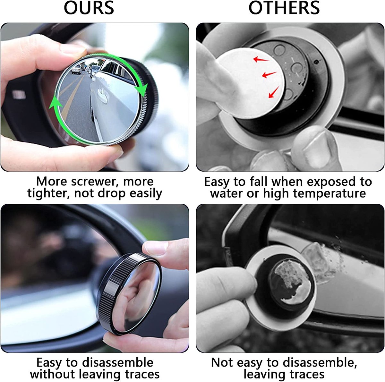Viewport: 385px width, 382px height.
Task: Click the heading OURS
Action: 89,8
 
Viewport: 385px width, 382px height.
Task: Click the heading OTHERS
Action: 284,8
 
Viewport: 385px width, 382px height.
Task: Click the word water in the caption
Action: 226,194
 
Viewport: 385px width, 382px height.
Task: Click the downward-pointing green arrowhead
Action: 141,89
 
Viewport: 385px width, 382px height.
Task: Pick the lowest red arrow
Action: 273,93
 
